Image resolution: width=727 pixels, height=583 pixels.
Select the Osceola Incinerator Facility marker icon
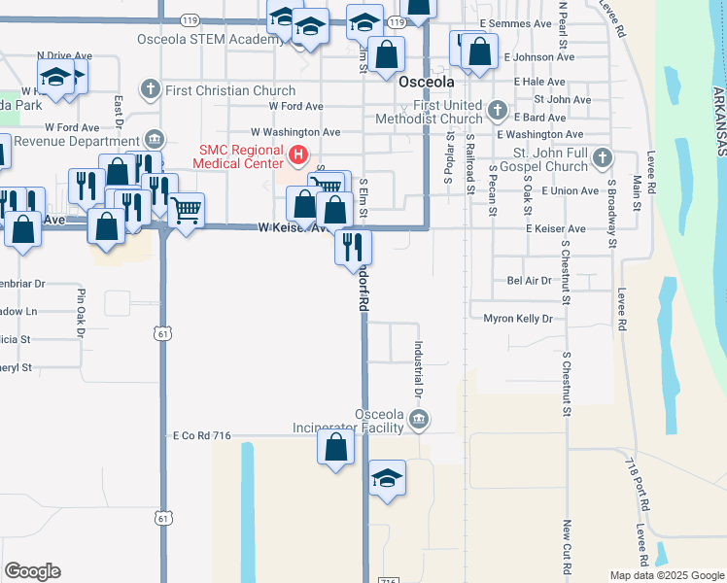[419, 420]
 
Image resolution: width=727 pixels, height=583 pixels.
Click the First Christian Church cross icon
[150, 90]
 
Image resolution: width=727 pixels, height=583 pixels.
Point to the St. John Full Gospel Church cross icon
[603, 157]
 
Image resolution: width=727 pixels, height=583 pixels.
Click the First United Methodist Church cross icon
[498, 109]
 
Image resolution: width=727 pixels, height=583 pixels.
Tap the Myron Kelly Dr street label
[517, 319]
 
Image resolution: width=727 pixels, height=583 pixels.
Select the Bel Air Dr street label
[529, 281]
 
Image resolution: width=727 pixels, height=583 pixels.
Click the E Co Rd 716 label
[202, 436]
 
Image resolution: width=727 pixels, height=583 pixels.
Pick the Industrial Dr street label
[418, 370]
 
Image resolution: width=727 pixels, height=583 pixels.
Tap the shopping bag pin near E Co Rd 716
[335, 448]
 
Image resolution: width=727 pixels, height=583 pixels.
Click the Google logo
[32, 571]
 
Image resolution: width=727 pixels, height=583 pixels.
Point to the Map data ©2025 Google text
[666, 575]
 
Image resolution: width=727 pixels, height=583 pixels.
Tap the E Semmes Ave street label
[515, 23]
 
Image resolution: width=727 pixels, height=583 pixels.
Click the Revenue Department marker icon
[154, 139]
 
